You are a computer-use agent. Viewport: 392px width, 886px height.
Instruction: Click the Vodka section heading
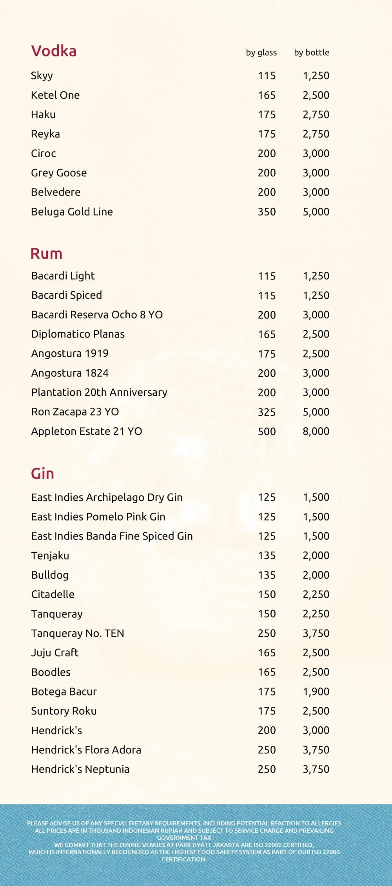[54, 51]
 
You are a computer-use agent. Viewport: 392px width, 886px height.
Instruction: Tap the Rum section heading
[47, 254]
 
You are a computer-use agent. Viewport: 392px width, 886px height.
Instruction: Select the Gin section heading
[42, 474]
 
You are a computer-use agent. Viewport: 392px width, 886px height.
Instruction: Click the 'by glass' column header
[261, 53]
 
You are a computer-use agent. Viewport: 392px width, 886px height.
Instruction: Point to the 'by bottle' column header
[312, 53]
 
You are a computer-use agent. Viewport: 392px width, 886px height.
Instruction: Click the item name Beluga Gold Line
[72, 212]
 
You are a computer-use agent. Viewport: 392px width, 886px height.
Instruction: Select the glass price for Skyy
[267, 76]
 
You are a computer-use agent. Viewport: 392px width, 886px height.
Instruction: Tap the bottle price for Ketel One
[316, 95]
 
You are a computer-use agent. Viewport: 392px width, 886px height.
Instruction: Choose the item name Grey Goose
[59, 173]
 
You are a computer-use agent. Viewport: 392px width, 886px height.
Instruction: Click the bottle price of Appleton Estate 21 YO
[316, 431]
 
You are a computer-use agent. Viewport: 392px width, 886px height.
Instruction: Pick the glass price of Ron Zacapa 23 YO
[267, 412]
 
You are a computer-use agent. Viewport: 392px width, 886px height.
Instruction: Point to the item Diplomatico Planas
[78, 334]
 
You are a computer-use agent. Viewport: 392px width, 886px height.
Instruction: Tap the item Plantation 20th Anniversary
[99, 392]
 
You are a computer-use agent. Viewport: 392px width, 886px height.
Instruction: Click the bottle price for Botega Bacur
[316, 692]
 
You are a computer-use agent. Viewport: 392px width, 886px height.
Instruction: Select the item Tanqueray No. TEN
[78, 633]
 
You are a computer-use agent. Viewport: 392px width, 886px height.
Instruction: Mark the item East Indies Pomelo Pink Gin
[98, 517]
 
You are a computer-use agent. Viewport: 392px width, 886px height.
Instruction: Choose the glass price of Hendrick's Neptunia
[267, 769]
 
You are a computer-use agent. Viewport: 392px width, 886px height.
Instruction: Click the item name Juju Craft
[55, 653]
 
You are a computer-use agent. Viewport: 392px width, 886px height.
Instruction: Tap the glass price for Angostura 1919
[267, 354]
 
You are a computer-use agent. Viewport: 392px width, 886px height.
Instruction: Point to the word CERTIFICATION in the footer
[184, 859]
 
